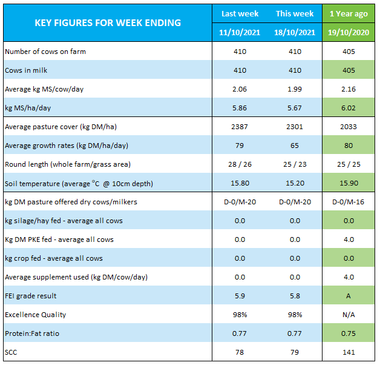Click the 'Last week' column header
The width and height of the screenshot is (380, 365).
[x=240, y=13]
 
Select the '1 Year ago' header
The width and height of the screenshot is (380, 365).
[x=349, y=14]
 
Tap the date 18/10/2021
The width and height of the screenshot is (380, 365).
[x=295, y=32]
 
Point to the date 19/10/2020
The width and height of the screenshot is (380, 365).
[x=349, y=32]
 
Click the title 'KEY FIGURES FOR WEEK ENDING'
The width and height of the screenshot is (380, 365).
[x=108, y=23]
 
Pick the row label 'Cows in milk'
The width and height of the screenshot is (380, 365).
[x=26, y=70]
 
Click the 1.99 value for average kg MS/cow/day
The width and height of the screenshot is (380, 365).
[x=295, y=89]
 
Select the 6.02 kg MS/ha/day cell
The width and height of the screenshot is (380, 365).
[x=349, y=108]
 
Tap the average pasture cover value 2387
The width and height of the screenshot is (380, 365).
[x=240, y=127]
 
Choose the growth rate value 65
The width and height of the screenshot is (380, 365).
[x=295, y=146]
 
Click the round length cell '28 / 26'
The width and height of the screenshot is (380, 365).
[x=240, y=164]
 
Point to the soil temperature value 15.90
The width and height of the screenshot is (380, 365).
[x=349, y=183]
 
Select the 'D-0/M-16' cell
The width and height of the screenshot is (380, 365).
[x=349, y=202]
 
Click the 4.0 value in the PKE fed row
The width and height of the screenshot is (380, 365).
[x=349, y=239]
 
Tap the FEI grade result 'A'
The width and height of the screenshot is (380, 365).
[x=349, y=296]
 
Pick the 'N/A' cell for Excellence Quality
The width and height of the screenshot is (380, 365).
[x=349, y=315]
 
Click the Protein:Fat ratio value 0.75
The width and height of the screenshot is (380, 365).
[x=349, y=333]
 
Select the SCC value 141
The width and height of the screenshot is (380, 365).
[x=349, y=352]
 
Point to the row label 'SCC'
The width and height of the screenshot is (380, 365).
[x=11, y=352]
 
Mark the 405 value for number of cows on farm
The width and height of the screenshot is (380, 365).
[x=349, y=52]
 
